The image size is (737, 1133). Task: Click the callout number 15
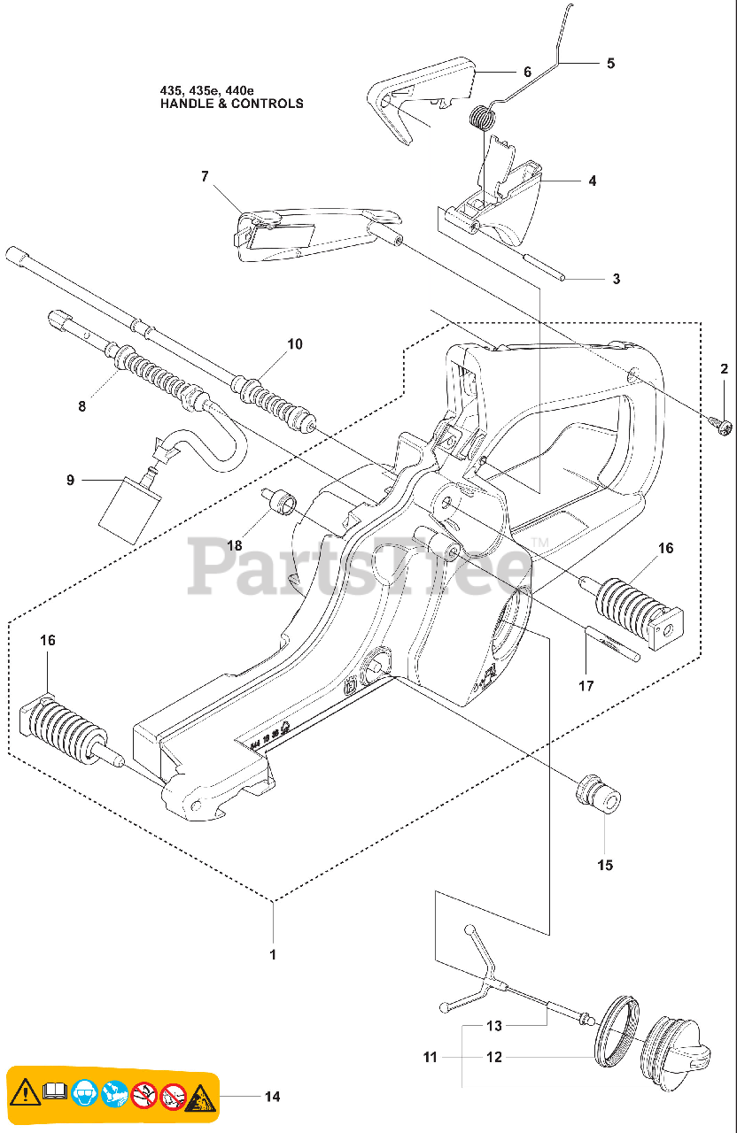pos(605,865)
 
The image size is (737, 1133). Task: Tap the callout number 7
pos(205,176)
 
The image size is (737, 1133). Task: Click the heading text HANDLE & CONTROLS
pos(231,104)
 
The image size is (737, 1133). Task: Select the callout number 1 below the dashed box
pos(273,954)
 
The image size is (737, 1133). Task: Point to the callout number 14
pos(272,1097)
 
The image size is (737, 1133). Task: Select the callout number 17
pos(586,684)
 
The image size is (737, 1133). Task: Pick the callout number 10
pos(295,343)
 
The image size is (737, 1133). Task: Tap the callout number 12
pos(494,1057)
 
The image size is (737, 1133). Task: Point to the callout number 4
pos(592,181)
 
